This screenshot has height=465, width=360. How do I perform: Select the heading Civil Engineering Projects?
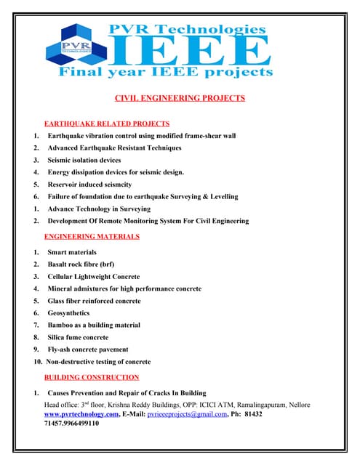tap(180, 97)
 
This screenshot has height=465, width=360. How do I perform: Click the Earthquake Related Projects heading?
tap(107, 124)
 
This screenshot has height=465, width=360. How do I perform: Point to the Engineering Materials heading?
tap(92, 237)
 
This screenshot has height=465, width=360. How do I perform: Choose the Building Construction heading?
tap(92, 377)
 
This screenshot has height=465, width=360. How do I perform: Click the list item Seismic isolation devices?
tap(84, 160)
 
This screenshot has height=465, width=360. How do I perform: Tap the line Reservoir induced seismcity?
tap(94, 185)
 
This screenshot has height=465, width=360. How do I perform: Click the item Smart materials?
tap(72, 252)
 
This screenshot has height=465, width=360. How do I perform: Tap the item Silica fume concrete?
tap(78, 337)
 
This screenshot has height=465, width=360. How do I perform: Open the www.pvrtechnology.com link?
tap(81, 413)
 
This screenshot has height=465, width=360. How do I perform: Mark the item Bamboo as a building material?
tap(99, 325)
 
